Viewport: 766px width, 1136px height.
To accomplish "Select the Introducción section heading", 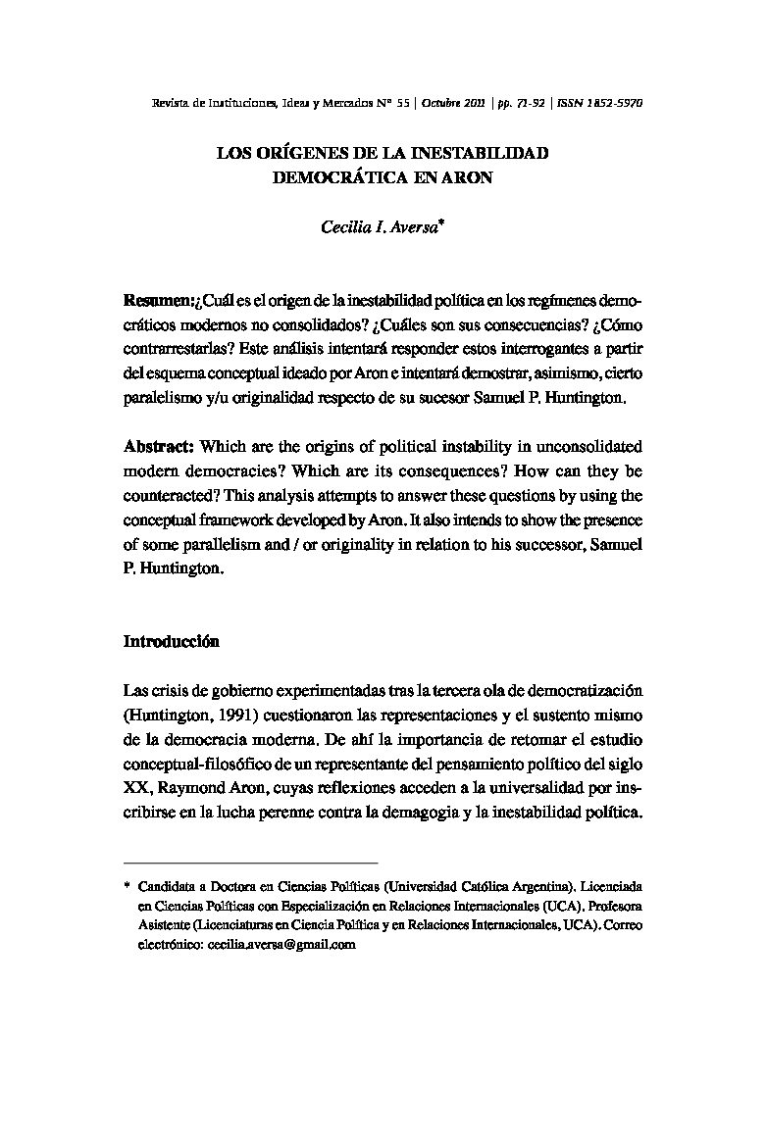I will tap(171, 642).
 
